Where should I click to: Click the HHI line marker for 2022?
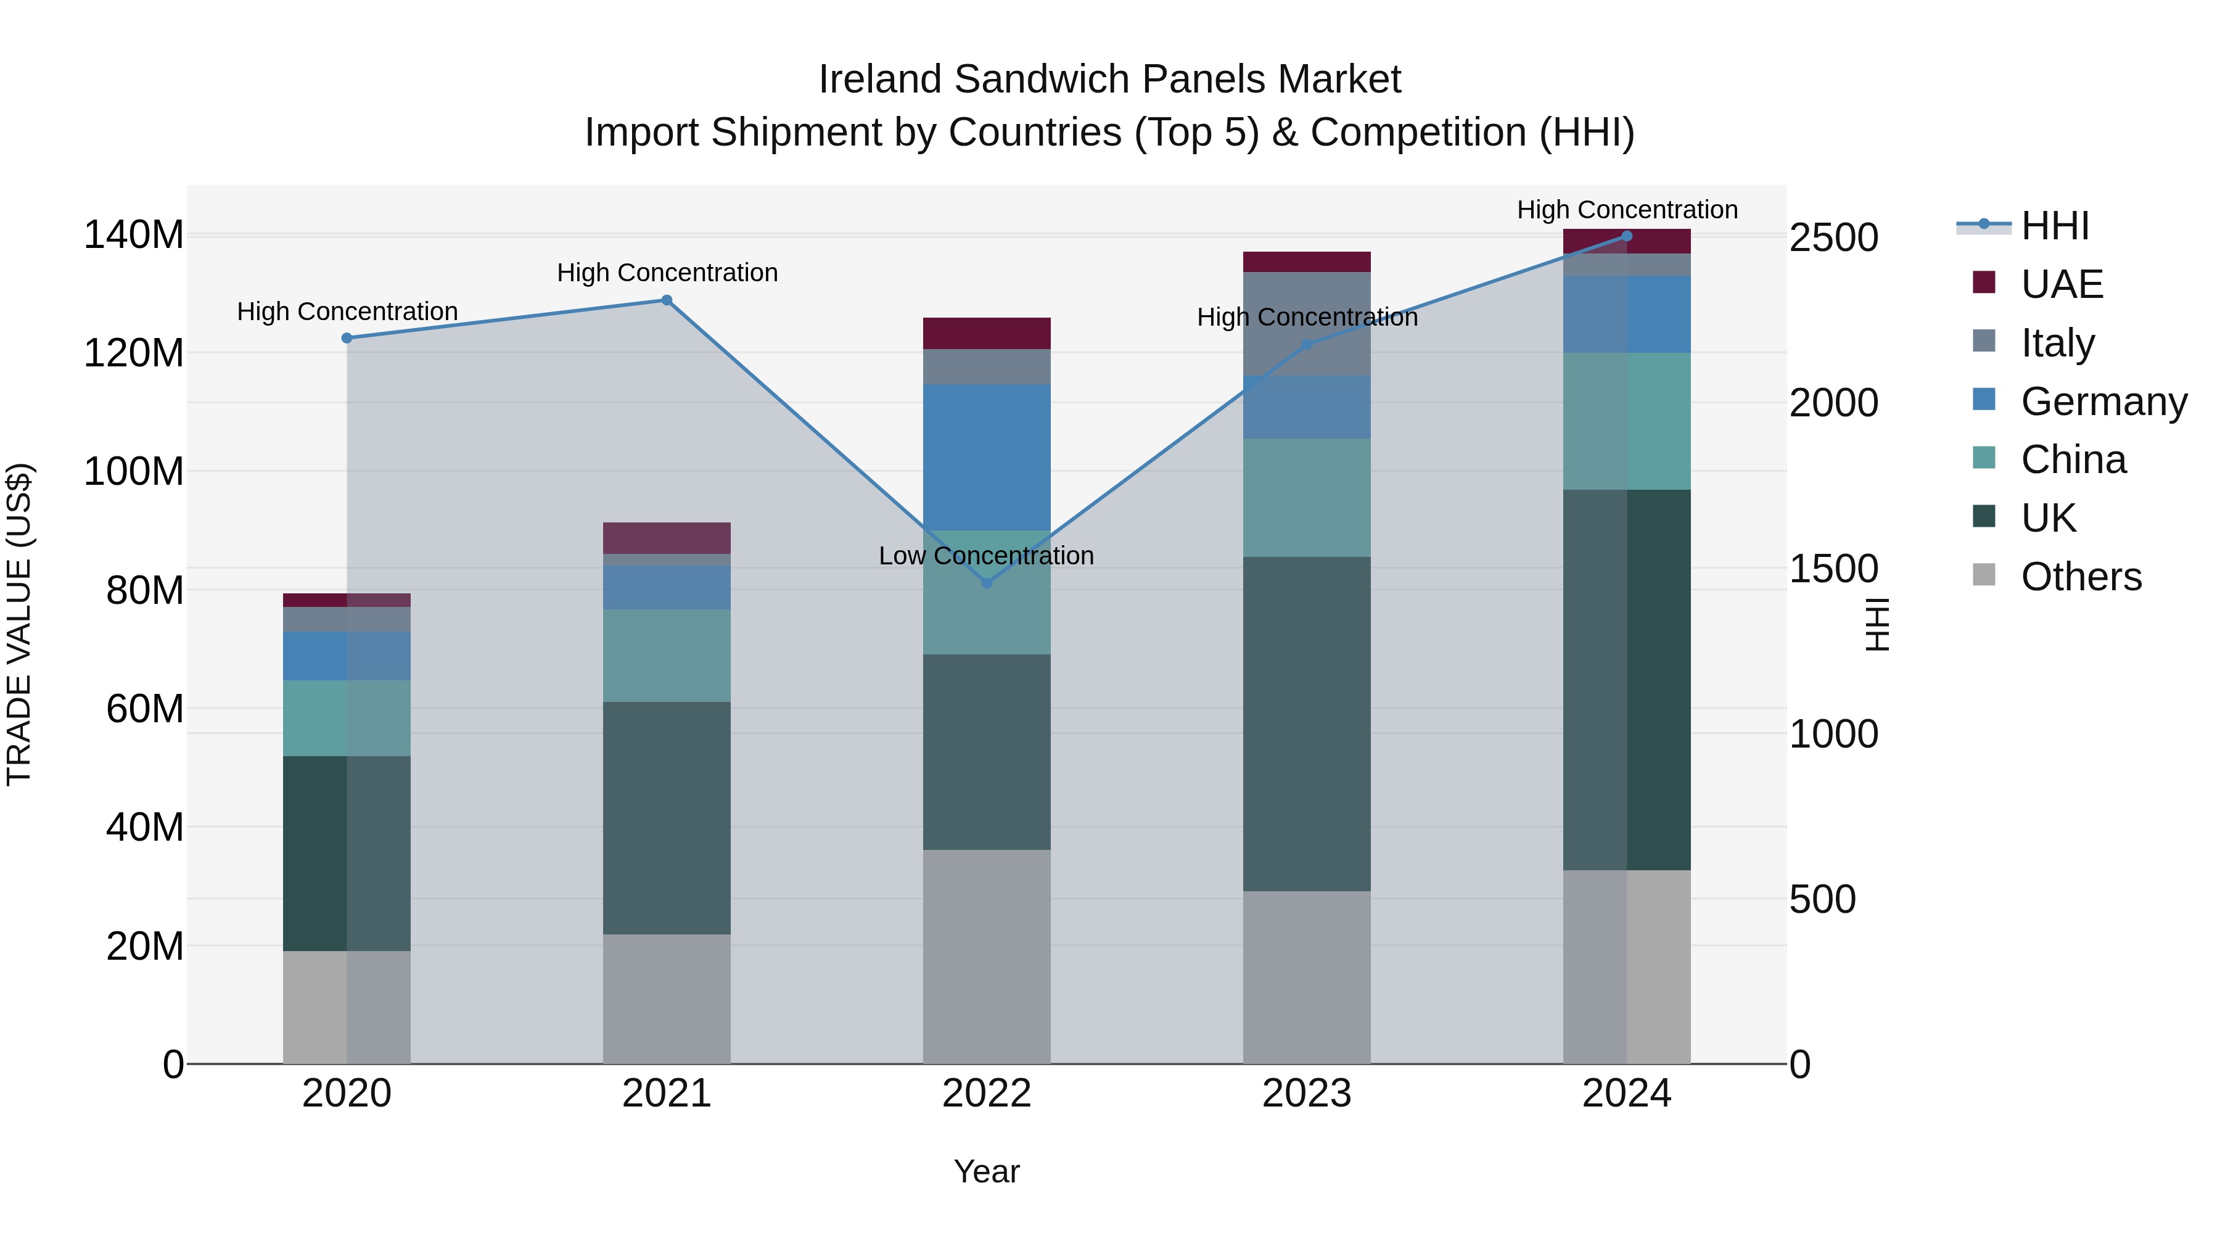point(987,583)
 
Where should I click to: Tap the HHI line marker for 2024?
point(1626,236)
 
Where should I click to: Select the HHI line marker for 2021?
point(666,300)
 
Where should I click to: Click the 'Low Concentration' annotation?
point(986,556)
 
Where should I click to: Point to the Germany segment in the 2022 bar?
point(987,457)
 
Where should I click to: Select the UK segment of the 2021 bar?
point(666,817)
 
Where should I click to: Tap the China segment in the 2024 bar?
point(1626,421)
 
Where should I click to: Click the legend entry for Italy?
point(2057,343)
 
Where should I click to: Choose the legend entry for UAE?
point(2062,284)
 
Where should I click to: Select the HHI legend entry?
point(2055,226)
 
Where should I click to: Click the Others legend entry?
point(2081,577)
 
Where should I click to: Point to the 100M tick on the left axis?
point(134,471)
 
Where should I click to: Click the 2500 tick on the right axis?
point(1833,238)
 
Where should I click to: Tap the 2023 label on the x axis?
point(1307,1094)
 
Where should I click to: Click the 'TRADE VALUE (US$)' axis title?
point(19,624)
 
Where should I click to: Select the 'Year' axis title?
point(986,1171)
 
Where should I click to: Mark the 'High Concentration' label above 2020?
point(347,311)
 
